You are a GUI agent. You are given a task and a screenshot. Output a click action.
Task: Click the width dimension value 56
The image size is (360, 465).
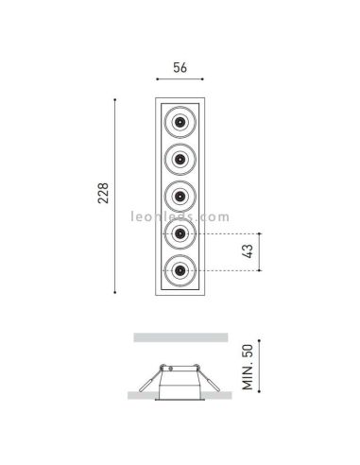180,68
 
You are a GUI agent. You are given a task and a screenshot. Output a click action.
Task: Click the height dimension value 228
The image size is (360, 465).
103,195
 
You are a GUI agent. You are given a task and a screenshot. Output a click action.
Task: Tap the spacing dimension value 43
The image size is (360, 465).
247,251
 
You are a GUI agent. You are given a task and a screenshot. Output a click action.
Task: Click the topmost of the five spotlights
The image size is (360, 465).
180,121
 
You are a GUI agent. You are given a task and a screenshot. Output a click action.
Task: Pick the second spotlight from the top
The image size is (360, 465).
180,159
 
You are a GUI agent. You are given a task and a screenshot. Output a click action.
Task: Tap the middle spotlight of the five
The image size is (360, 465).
180,196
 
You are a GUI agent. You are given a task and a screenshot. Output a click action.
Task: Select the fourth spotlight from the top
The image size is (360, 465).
180,233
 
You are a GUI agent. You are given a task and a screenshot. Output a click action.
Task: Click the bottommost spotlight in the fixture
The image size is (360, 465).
180,272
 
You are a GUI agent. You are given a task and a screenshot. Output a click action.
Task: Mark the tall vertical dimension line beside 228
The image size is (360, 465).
117,195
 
